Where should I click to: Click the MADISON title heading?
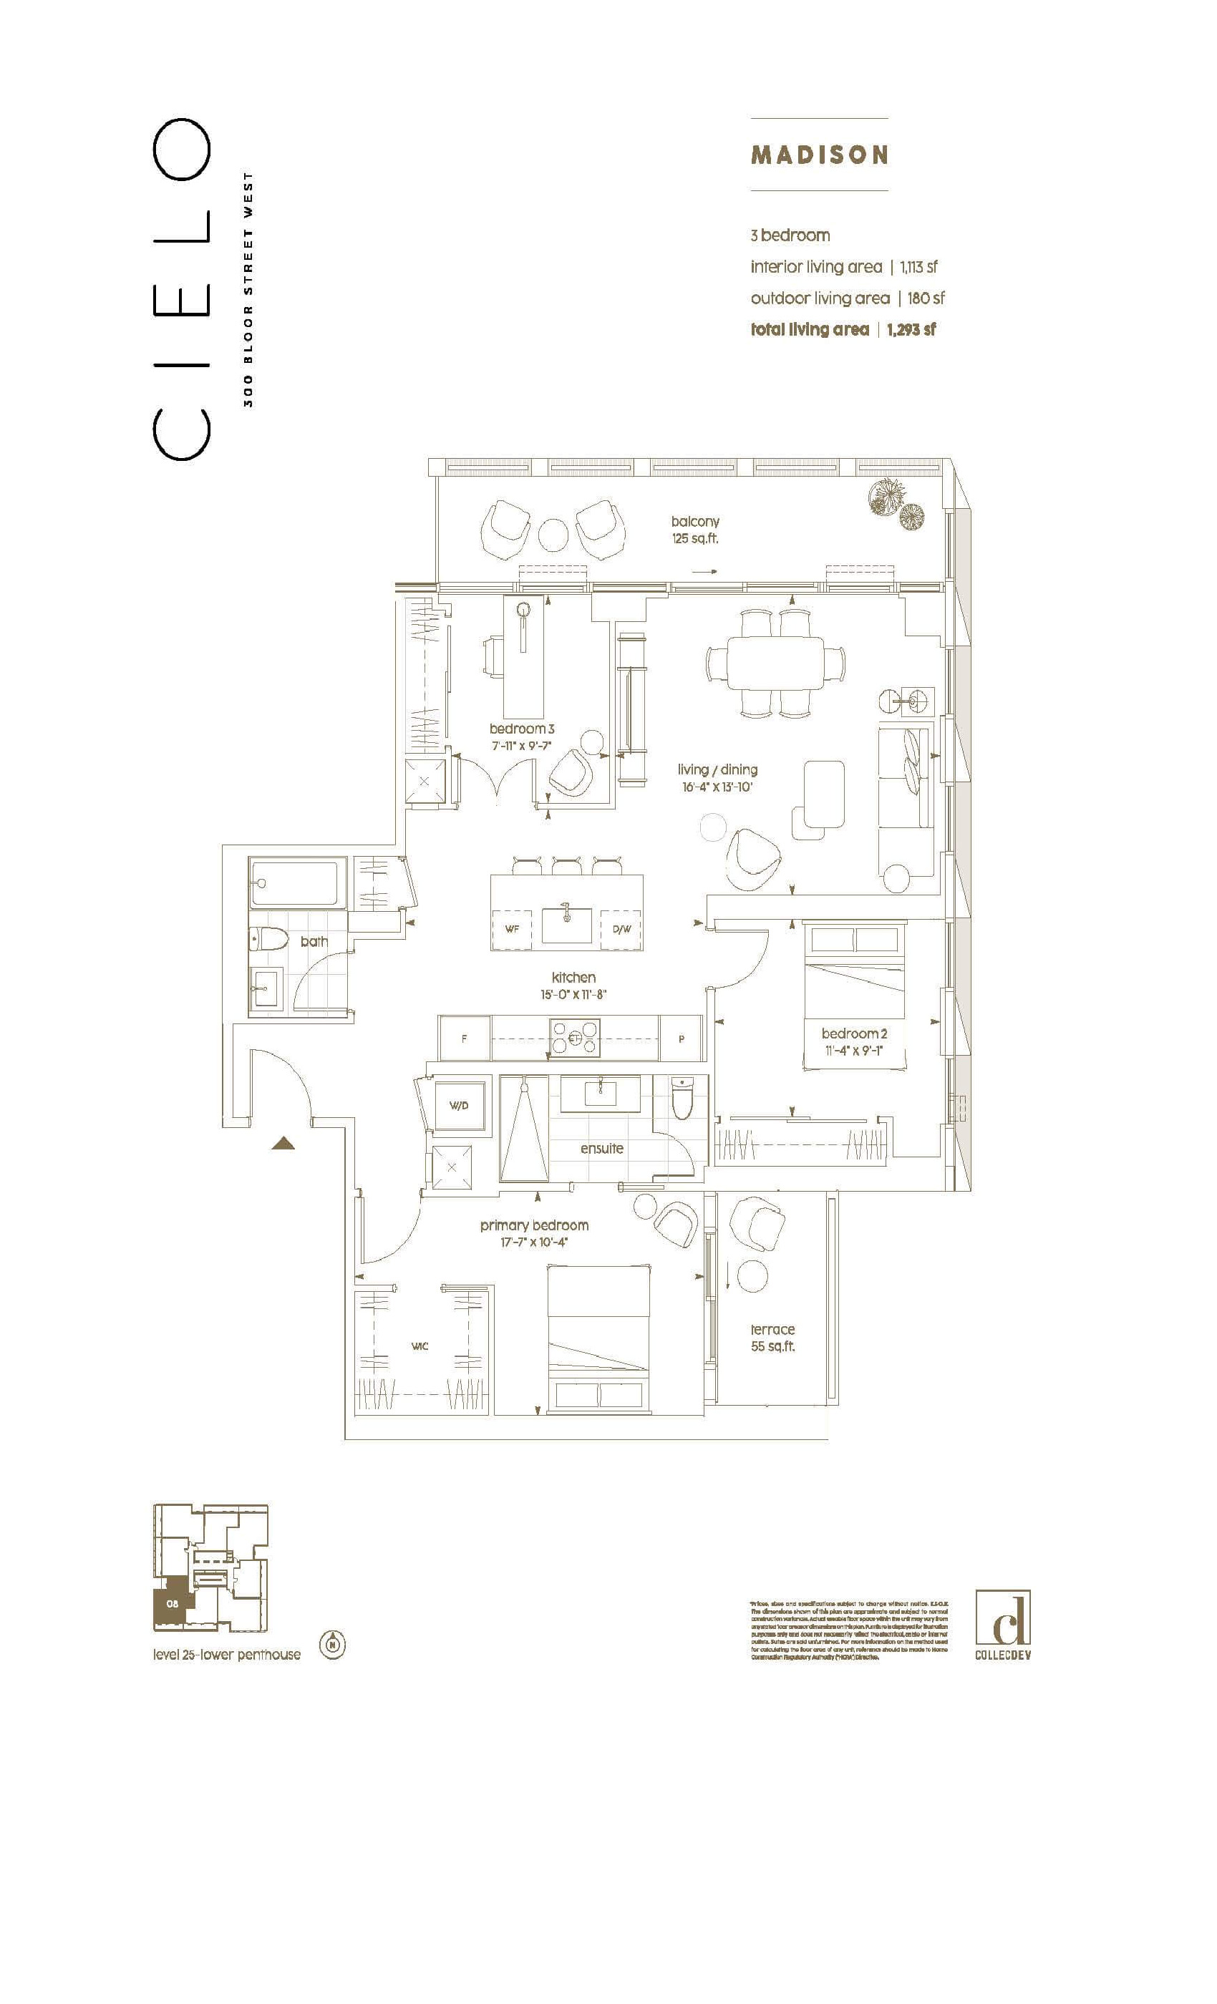pyautogui.click(x=819, y=155)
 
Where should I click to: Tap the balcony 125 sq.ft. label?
pyautogui.click(x=694, y=530)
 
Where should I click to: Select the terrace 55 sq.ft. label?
pyautogui.click(x=772, y=1337)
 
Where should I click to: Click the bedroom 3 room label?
pyautogui.click(x=521, y=729)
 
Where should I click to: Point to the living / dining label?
pyautogui.click(x=717, y=769)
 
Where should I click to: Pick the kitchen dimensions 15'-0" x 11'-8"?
pyautogui.click(x=573, y=995)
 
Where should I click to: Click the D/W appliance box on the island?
pyautogui.click(x=621, y=929)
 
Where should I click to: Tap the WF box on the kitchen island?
pyautogui.click(x=512, y=929)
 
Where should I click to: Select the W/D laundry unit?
pyautogui.click(x=459, y=1105)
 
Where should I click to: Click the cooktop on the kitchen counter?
pyautogui.click(x=574, y=1038)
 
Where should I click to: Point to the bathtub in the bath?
pyautogui.click(x=293, y=885)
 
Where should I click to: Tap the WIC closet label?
pyautogui.click(x=419, y=1347)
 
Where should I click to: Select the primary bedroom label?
pyautogui.click(x=533, y=1225)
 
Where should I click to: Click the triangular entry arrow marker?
pyautogui.click(x=282, y=1144)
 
